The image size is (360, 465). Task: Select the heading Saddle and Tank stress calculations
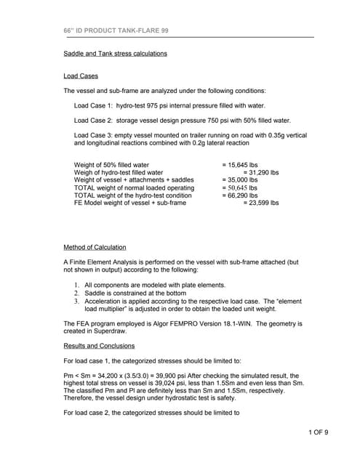pos(115,54)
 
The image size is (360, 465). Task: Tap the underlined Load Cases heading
pos(81,76)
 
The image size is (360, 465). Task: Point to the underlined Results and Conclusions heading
pos(99,346)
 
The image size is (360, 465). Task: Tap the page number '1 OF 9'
pos(318,434)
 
